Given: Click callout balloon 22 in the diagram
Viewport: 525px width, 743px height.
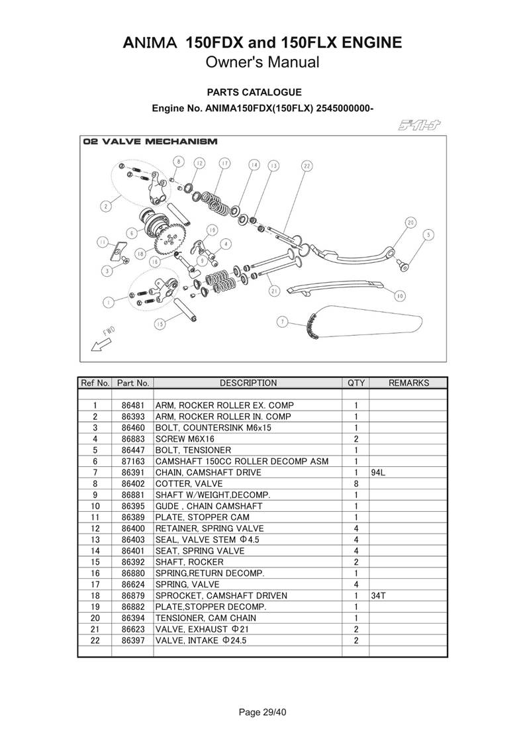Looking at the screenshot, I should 307,166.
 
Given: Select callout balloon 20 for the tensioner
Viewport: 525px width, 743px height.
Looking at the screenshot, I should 410,223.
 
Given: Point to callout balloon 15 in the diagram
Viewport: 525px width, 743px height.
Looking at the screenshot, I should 160,324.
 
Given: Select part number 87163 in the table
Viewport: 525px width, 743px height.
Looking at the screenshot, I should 133,461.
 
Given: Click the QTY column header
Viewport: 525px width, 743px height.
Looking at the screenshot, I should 356,383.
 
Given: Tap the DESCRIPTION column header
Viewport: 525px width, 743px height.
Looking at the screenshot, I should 248,383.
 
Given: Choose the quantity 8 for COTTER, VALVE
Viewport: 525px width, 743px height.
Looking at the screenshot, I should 356,483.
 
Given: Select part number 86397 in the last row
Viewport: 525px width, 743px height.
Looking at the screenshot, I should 133,640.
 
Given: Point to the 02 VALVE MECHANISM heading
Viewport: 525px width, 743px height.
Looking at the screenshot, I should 150,142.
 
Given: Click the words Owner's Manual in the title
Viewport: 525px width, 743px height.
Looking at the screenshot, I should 262,63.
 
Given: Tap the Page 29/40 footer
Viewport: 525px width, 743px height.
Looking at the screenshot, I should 262,713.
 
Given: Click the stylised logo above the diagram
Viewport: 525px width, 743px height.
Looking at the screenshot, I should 420,124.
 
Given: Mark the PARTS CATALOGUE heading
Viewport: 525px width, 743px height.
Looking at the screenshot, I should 254,93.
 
